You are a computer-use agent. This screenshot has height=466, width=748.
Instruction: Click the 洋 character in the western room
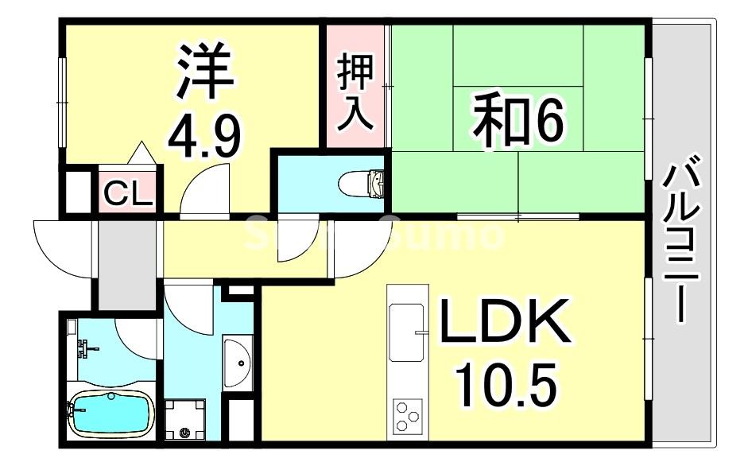(205, 71)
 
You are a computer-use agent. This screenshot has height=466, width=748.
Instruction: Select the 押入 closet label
(355, 92)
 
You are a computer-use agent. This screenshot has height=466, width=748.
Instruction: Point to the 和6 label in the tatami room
(517, 121)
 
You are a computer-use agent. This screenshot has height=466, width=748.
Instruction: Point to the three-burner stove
(408, 416)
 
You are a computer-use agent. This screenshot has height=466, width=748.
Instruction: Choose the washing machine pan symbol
(184, 419)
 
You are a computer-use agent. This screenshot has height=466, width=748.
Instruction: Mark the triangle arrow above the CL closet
(141, 154)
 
